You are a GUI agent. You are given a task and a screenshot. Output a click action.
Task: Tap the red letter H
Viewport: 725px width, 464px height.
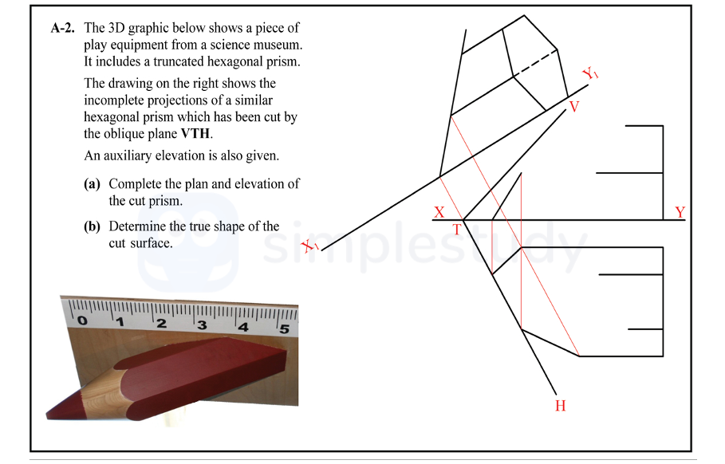[x=560, y=406]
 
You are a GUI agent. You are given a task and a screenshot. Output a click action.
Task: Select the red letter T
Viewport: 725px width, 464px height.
[x=457, y=230]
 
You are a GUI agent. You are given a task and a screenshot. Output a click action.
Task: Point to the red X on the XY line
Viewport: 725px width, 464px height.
[x=439, y=213]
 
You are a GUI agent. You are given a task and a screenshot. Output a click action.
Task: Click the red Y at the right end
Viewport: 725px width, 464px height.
[x=680, y=212]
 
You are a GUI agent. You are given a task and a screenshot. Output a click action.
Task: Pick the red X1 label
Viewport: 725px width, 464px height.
[x=310, y=248]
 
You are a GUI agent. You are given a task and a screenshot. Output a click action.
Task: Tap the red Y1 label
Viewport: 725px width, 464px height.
[x=591, y=75]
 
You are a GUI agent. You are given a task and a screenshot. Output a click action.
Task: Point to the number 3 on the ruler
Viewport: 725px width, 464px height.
[x=202, y=325]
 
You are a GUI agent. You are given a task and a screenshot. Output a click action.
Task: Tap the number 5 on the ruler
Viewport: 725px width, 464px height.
[x=282, y=327]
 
